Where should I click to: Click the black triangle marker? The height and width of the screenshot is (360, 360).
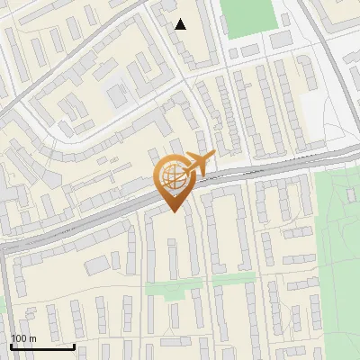(181, 24)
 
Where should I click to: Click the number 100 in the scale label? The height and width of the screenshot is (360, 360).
(20, 338)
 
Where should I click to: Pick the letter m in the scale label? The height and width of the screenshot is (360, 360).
(34, 338)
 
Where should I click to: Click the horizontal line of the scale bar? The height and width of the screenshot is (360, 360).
(42, 346)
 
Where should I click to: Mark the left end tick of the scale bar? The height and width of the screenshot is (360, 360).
(11, 344)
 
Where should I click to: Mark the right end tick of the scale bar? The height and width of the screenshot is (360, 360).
(74, 344)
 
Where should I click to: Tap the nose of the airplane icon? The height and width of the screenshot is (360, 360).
(213, 157)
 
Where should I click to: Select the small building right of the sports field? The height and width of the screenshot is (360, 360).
(281, 40)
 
